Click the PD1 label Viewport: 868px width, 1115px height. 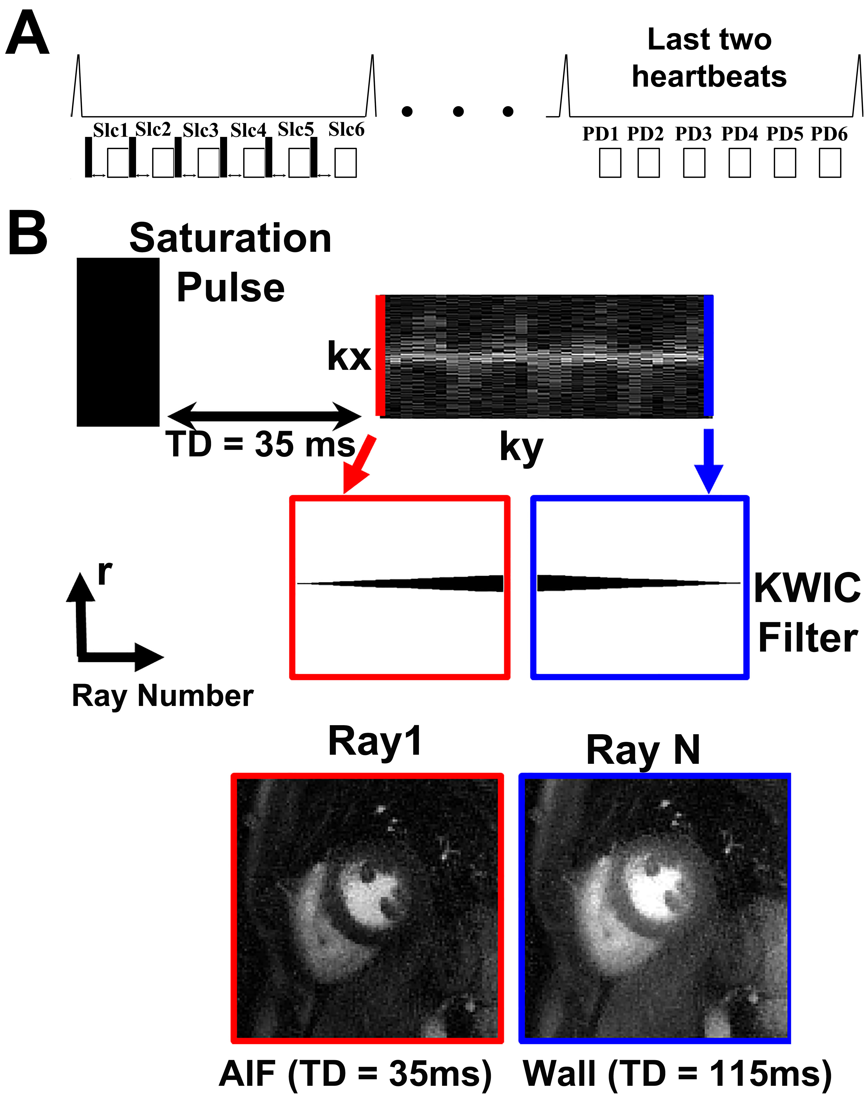pyautogui.click(x=600, y=134)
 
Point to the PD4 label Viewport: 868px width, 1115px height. pyautogui.click(x=739, y=134)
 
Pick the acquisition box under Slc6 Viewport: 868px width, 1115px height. pyautogui.click(x=345, y=163)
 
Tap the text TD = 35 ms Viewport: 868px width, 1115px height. pyautogui.click(x=261, y=444)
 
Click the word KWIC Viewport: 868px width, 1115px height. pyautogui.click(x=807, y=588)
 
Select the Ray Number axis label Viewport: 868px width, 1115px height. pyautogui.click(x=162, y=696)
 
